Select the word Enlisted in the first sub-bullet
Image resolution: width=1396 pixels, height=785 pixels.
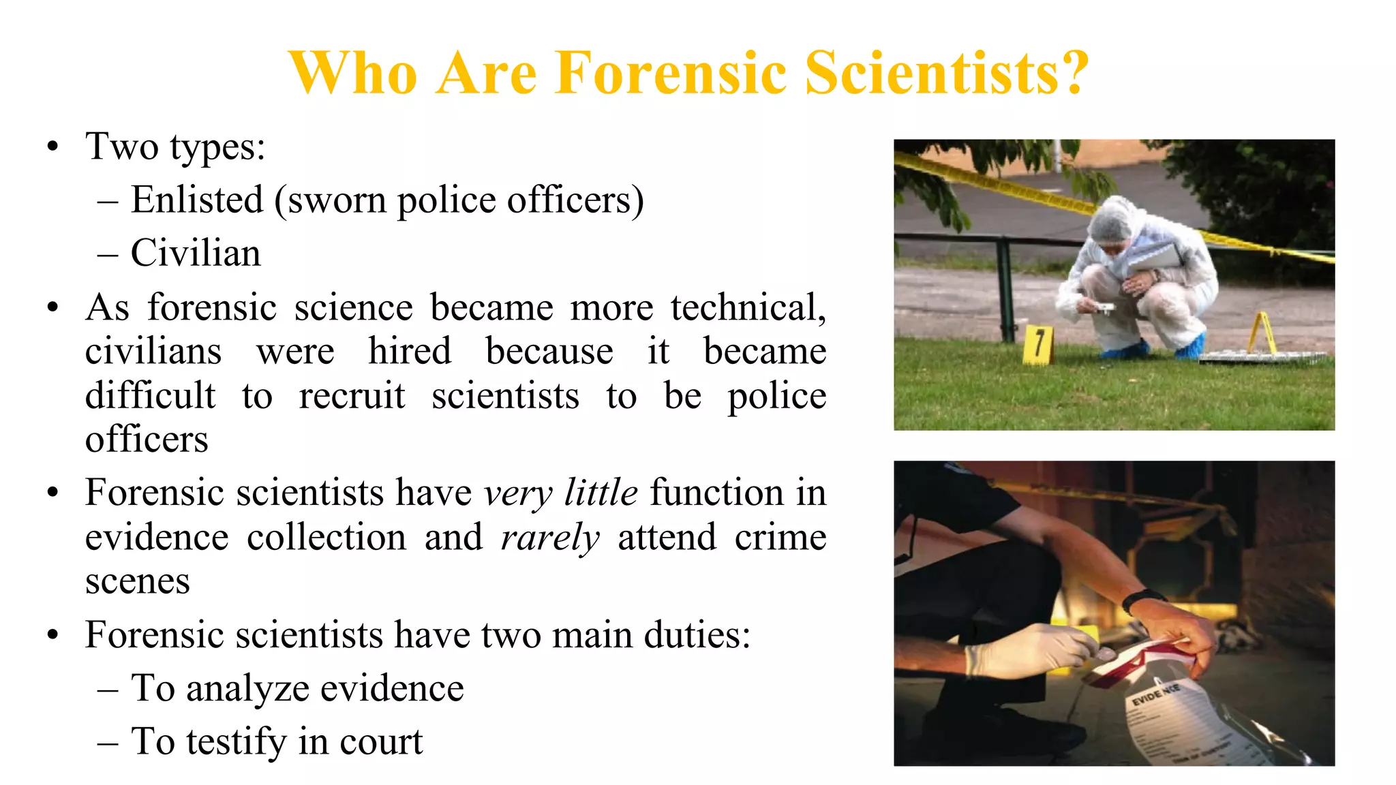pos(197,200)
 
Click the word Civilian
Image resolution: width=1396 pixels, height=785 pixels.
pos(196,253)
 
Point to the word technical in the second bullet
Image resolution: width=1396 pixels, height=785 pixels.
pos(748,308)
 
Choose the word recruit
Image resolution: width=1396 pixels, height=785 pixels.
pos(352,396)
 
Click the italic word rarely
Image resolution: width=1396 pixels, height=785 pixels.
pos(550,538)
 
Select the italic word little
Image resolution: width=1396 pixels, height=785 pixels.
pos(601,493)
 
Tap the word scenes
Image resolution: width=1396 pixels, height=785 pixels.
pos(137,581)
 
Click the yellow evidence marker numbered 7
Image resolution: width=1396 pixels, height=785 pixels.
pos(1038,344)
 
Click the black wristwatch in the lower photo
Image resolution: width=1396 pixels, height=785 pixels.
pos(1142,600)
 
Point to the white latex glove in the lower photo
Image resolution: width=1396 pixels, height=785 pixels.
pos(1022,651)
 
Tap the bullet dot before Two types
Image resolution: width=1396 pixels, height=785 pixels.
pos(53,147)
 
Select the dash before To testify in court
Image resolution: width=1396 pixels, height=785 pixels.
pos(108,743)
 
